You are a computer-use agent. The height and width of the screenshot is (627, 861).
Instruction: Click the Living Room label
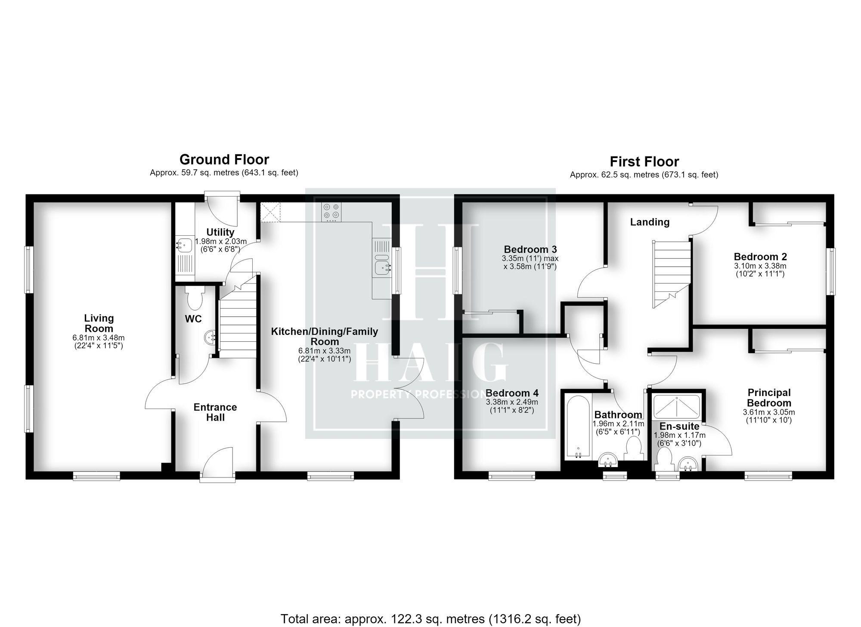(x=99, y=323)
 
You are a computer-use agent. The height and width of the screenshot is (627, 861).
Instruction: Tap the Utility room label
(x=220, y=232)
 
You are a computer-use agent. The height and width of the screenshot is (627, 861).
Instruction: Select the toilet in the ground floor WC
(x=195, y=298)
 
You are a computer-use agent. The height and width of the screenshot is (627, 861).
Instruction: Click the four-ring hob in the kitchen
(x=331, y=212)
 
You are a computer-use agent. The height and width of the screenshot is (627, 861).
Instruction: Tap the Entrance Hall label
(x=215, y=412)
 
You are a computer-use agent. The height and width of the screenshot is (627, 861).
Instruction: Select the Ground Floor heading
(x=224, y=159)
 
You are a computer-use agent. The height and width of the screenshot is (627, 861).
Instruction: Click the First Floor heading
(x=644, y=162)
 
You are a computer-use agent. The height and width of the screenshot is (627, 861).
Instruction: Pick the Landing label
(x=650, y=222)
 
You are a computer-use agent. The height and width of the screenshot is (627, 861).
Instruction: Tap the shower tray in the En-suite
(x=676, y=407)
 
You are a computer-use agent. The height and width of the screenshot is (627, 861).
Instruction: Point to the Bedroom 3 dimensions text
(x=530, y=262)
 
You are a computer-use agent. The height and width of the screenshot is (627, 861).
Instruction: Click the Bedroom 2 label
(x=760, y=257)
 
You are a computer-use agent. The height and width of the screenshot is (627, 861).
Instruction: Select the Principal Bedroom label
(x=769, y=398)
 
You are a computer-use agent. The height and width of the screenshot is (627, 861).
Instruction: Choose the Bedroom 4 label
(x=512, y=393)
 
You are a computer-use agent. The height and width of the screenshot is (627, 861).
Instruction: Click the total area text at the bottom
(x=431, y=619)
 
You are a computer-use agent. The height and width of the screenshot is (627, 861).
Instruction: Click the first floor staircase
(x=672, y=274)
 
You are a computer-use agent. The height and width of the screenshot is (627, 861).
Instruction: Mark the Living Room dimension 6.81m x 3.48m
(x=99, y=338)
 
